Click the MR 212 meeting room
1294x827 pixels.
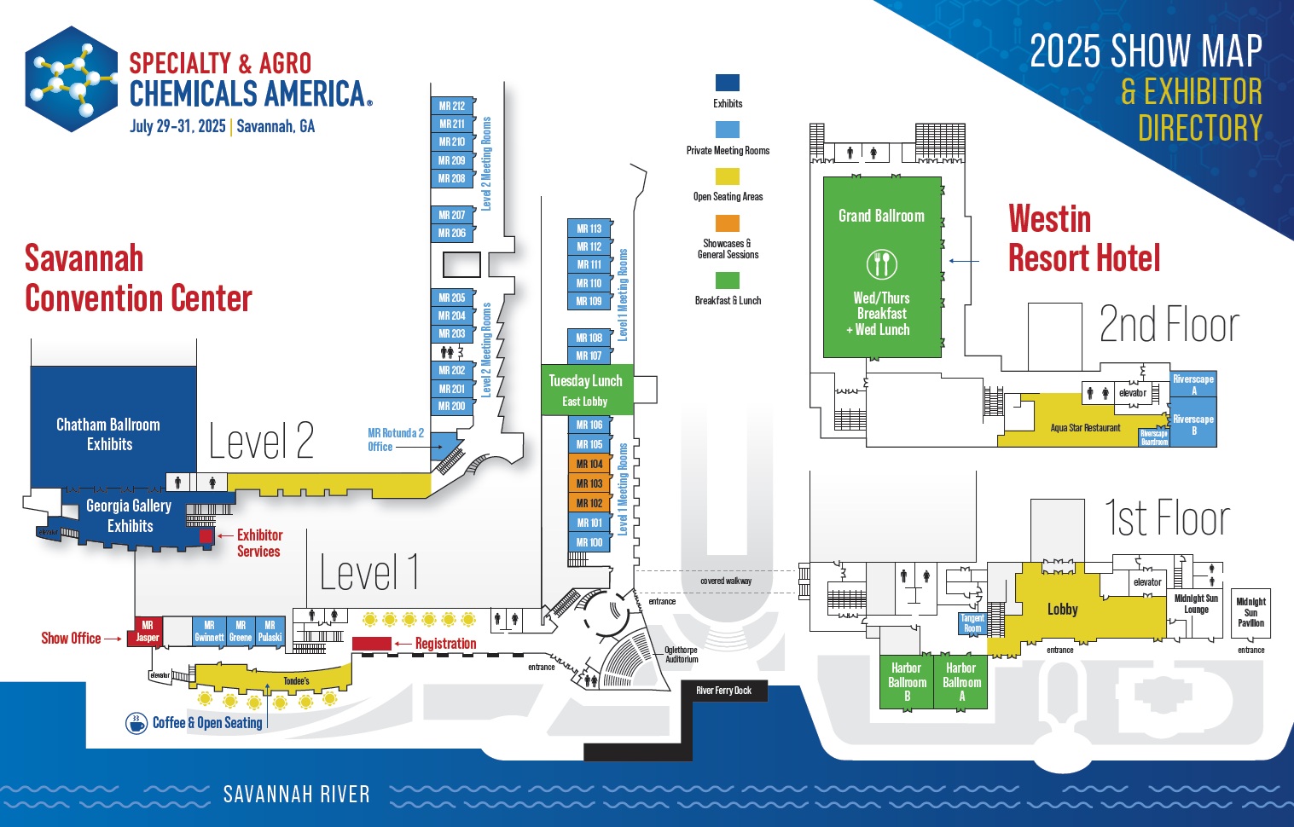(452, 106)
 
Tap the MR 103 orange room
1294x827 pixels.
(589, 483)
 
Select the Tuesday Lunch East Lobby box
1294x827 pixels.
(587, 390)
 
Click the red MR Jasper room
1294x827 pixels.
(148, 631)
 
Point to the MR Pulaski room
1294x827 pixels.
(270, 631)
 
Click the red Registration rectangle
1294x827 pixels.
(372, 644)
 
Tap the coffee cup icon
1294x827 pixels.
(136, 723)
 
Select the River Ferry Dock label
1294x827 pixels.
(723, 691)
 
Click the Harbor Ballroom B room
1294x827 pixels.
(907, 682)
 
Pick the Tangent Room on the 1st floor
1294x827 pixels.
(972, 623)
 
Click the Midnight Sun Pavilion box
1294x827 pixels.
(1250, 612)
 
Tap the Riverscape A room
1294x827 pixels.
(1192, 385)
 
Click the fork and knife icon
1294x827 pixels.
(882, 263)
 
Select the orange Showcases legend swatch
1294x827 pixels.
(728, 223)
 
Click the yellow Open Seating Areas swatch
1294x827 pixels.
(728, 176)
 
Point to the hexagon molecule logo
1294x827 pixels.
(72, 78)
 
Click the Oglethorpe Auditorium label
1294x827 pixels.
(681, 655)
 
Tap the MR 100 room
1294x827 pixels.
(589, 542)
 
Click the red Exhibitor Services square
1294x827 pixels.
(206, 535)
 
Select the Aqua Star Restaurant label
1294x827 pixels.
(1085, 428)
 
